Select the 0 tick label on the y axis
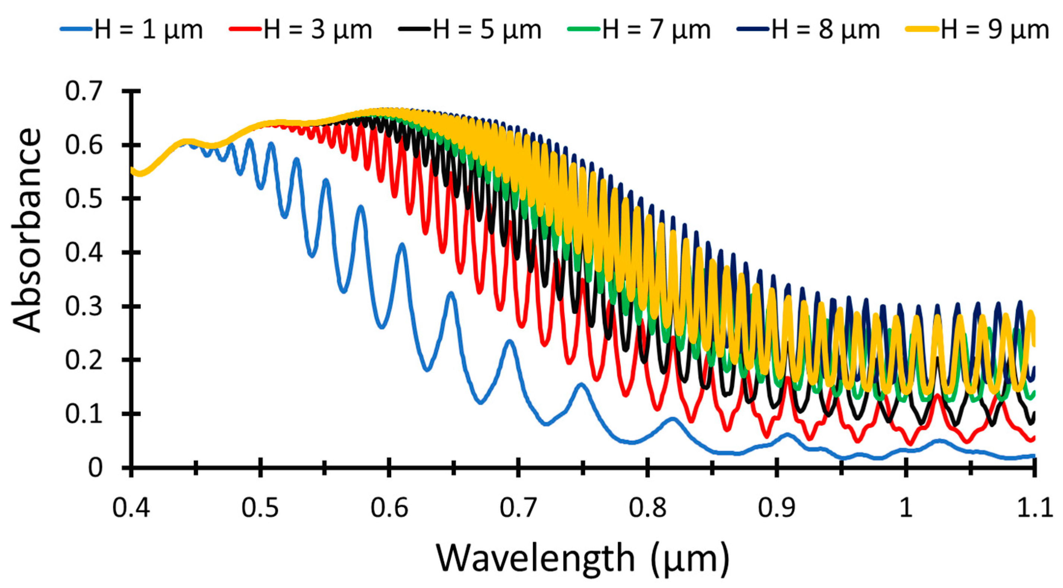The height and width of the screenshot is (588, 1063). coord(95,468)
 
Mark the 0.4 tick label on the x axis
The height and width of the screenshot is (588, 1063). coord(131,508)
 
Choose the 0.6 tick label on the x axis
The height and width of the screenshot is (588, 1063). coord(389,508)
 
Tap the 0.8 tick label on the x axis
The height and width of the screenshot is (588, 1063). coord(648,508)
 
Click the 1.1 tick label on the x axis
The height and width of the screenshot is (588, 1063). coord(1034,508)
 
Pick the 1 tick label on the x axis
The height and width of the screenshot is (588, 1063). coord(905,508)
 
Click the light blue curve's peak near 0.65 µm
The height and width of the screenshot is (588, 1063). coord(451,294)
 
